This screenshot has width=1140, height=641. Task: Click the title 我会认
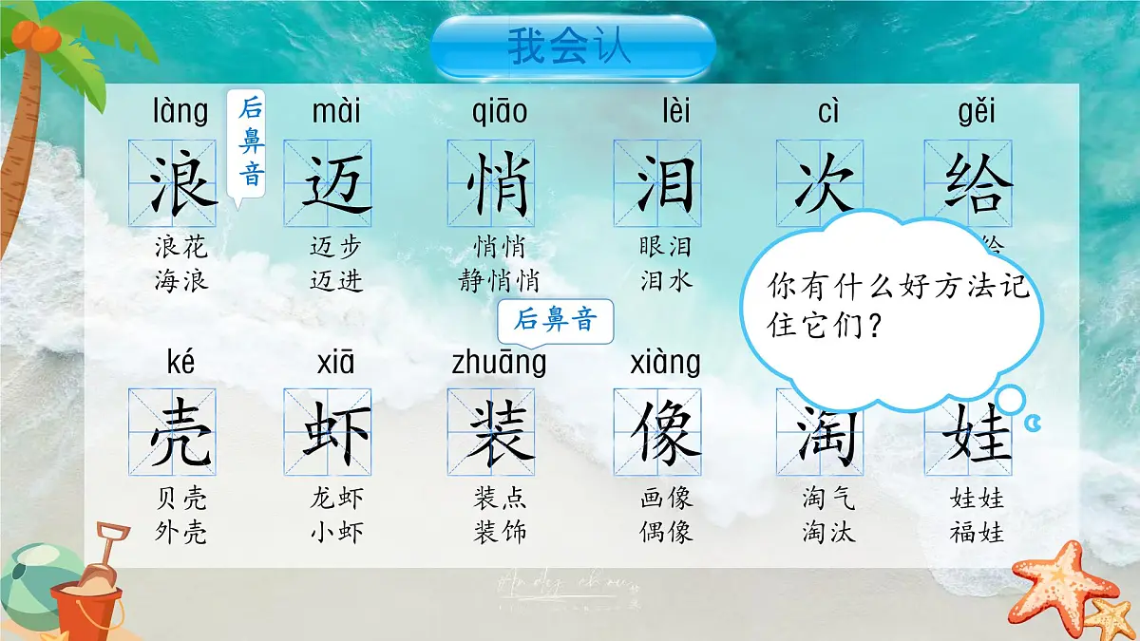click(x=570, y=46)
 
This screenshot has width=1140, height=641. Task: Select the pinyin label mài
click(x=336, y=112)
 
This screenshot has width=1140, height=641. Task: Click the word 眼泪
click(x=665, y=248)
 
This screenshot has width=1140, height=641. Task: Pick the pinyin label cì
click(x=828, y=112)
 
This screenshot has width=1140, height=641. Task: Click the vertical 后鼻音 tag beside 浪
click(x=251, y=141)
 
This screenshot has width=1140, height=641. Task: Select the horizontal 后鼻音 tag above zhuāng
click(x=556, y=320)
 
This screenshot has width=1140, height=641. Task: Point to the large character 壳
click(x=180, y=433)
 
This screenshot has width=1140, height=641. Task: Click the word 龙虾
click(x=336, y=498)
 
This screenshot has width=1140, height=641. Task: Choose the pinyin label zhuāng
click(x=500, y=362)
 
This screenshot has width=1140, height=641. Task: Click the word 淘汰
click(x=828, y=531)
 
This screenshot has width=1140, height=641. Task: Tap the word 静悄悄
click(x=500, y=281)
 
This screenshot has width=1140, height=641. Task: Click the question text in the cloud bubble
click(x=897, y=305)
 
